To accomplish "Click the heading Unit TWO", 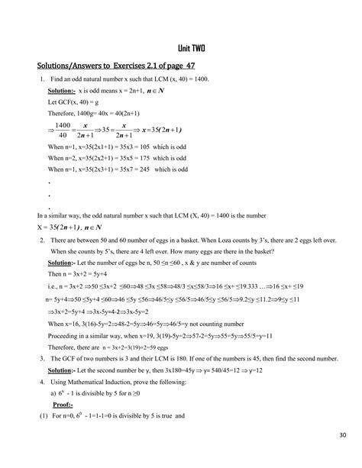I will pyautogui.click(x=180, y=50).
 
